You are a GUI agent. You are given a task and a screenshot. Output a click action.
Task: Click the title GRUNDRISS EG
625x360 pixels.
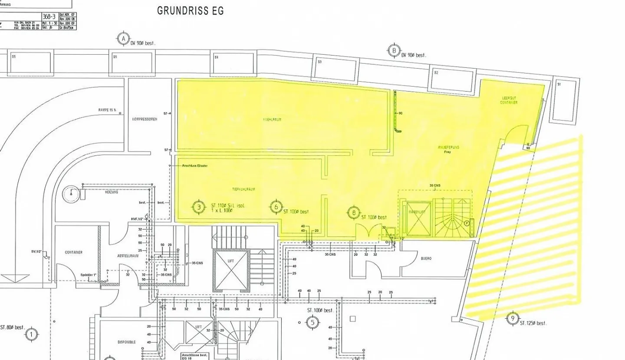pyautogui.click(x=191, y=10)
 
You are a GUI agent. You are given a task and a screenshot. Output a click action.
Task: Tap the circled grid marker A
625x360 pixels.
pyautogui.click(x=123, y=38)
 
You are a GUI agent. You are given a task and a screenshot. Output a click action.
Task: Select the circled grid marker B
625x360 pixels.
pyautogui.click(x=394, y=50)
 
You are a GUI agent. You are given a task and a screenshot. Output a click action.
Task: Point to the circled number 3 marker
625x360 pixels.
pyautogui.click(x=199, y=207)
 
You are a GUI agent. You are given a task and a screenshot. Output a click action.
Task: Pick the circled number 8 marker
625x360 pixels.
pyautogui.click(x=354, y=213)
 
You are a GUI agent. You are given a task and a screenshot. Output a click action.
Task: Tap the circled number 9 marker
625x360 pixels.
pyautogui.click(x=513, y=319)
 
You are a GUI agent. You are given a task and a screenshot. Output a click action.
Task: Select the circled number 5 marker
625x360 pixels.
pyautogui.click(x=312, y=322)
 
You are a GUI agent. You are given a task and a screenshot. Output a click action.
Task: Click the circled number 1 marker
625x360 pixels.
pyautogui.click(x=31, y=334)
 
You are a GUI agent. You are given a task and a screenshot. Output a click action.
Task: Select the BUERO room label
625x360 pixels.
pyautogui.click(x=426, y=258)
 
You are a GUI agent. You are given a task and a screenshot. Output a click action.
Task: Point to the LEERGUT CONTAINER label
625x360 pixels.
pyautogui.click(x=508, y=101)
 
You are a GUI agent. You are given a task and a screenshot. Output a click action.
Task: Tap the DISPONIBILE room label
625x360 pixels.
pyautogui.click(x=126, y=342)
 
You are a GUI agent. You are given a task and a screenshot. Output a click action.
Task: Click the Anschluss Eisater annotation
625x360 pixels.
pyautogui.click(x=195, y=165)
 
